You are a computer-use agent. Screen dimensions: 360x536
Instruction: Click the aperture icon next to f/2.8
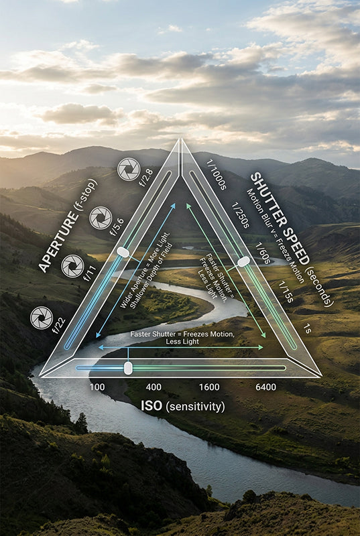(x=129, y=170)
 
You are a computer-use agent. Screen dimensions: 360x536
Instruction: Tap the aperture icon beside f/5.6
(x=101, y=218)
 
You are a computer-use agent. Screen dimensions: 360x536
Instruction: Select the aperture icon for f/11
(x=72, y=266)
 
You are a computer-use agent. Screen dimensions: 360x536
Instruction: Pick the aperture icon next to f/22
(x=42, y=318)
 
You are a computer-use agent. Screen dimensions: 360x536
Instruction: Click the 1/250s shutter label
(x=241, y=215)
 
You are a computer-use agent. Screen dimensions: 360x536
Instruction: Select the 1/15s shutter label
(x=286, y=291)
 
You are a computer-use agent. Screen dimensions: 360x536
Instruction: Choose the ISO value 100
(x=97, y=387)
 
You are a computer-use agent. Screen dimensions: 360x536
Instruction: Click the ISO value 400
(x=154, y=387)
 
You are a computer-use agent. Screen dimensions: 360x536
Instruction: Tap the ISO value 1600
(x=209, y=387)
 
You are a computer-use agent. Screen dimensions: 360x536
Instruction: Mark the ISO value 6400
(x=265, y=387)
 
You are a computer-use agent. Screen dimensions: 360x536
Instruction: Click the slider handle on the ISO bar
(x=128, y=368)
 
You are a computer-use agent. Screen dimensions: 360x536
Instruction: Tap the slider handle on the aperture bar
(x=123, y=253)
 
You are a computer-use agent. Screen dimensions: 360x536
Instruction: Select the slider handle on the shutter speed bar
(x=243, y=262)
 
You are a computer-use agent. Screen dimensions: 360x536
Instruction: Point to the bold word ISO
(x=152, y=406)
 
